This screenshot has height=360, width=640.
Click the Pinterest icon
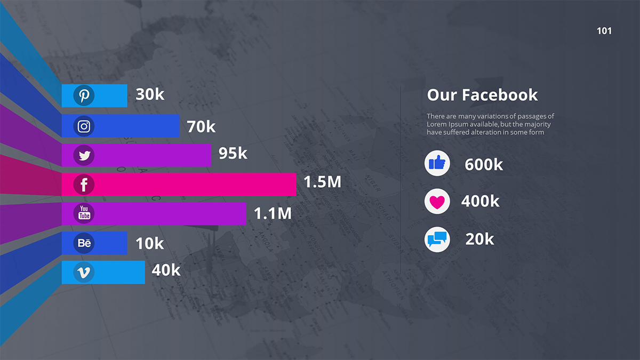point(84,95)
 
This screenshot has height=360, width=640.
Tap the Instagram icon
point(84,126)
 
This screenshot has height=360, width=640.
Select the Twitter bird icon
point(84,156)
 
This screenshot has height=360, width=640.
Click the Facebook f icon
point(84,185)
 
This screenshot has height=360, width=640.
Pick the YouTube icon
point(84,213)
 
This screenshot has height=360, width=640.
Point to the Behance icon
point(84,243)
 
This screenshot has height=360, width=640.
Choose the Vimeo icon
point(84,273)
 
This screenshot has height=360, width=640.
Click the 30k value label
point(150,94)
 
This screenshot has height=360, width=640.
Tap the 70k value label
point(201,127)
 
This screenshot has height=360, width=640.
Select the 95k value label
point(233,154)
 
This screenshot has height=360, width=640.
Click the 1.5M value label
point(322,182)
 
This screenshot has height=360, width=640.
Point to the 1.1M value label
point(273,214)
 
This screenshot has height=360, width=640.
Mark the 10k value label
point(149,244)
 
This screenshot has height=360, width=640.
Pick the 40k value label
point(166,270)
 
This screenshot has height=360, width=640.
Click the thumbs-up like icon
point(437,163)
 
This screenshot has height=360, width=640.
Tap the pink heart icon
point(437,202)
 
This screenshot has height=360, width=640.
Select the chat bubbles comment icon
point(437,239)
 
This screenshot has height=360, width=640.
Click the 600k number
point(484,165)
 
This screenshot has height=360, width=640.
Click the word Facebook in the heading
point(500,95)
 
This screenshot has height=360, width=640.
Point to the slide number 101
point(604,31)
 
